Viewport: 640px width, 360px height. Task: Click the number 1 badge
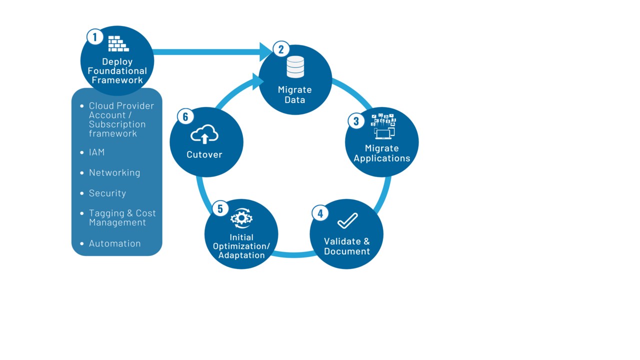tap(94, 37)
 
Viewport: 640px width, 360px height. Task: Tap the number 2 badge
tap(281, 49)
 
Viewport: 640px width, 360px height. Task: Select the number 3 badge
tap(356, 121)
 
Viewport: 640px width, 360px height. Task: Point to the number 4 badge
tap(320, 213)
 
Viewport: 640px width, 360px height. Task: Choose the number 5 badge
tap(220, 208)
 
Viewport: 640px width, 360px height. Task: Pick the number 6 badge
tap(185, 117)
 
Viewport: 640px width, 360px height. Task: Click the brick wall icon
tap(118, 43)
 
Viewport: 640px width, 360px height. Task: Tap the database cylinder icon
tap(295, 67)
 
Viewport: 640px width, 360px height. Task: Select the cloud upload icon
tap(204, 134)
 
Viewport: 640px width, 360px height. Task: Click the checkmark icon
tap(347, 220)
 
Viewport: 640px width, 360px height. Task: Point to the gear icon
tap(241, 218)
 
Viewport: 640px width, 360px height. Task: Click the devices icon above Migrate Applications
tap(383, 126)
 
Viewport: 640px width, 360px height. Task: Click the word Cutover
tap(204, 154)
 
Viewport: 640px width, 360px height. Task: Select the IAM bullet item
tap(96, 152)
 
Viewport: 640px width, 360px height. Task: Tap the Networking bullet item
tap(114, 172)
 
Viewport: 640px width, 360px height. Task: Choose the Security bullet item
tap(107, 193)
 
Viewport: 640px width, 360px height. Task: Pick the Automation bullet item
tap(115, 243)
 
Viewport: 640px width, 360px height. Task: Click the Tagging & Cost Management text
tap(122, 217)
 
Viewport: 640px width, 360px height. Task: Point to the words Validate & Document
tap(347, 246)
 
